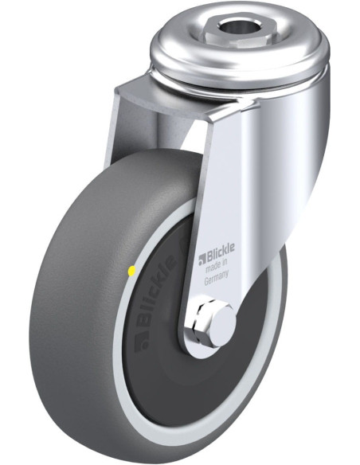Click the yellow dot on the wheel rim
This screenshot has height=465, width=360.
coord(131,270)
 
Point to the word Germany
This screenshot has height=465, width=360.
coord(216,279)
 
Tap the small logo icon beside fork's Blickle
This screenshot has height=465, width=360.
coord(202,260)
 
